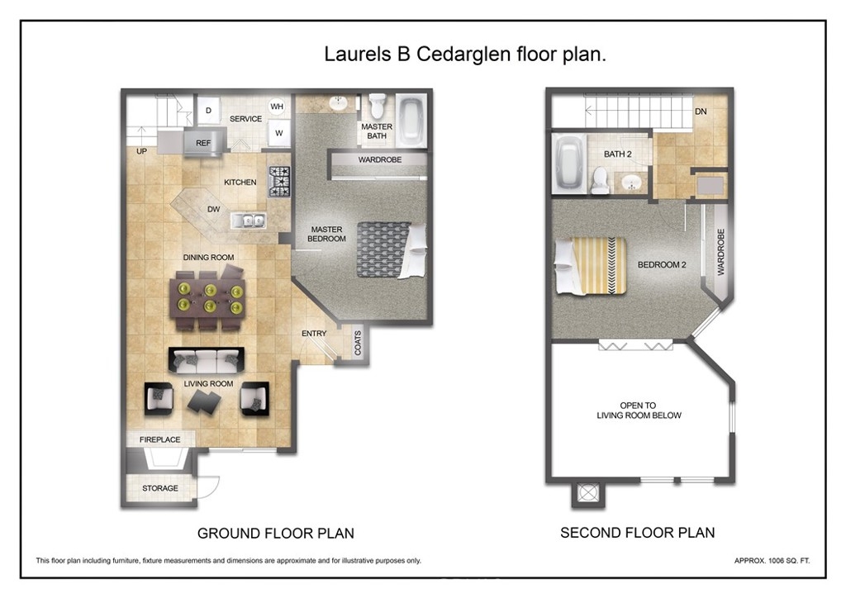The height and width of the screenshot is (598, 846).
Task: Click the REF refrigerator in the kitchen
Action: click(x=203, y=143)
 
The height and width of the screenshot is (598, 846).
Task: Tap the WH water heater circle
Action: click(x=277, y=107)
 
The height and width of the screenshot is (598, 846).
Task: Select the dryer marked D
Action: click(x=208, y=111)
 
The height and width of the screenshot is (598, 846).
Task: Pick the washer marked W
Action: click(x=279, y=133)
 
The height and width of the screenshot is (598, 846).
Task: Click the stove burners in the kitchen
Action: click(x=279, y=181)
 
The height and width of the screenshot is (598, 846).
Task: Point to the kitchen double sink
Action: click(x=248, y=220)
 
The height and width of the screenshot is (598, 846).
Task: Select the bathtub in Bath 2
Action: click(x=568, y=163)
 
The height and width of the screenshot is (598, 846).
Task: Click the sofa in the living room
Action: click(x=206, y=359)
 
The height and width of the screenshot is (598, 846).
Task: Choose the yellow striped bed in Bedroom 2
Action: click(x=591, y=267)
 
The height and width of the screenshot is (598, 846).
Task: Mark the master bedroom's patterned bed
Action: click(x=391, y=249)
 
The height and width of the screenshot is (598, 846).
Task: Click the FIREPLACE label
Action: click(x=159, y=439)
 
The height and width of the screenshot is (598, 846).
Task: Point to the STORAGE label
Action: click(x=159, y=488)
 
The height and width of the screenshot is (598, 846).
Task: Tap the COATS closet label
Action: click(x=358, y=343)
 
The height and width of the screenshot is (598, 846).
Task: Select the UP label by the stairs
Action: click(x=141, y=151)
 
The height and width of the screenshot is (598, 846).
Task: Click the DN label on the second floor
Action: click(x=701, y=112)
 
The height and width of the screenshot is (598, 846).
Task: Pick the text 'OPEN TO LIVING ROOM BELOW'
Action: click(x=639, y=411)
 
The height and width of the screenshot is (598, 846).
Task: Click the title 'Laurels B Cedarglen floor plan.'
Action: click(x=465, y=54)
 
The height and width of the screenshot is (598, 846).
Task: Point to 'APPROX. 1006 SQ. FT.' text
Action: click(x=772, y=561)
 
